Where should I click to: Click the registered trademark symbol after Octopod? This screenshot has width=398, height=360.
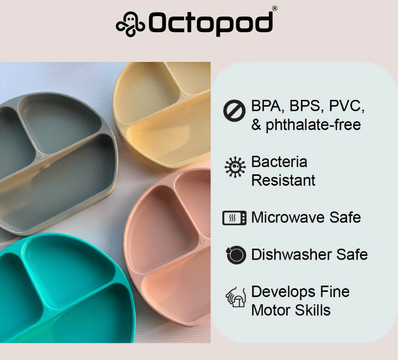[x=275, y=9]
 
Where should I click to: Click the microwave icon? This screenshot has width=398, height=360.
[x=234, y=218]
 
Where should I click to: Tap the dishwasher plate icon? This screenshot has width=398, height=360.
[x=236, y=254]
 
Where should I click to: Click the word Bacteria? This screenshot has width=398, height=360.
[x=279, y=162]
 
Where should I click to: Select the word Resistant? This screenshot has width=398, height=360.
[x=283, y=181]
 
